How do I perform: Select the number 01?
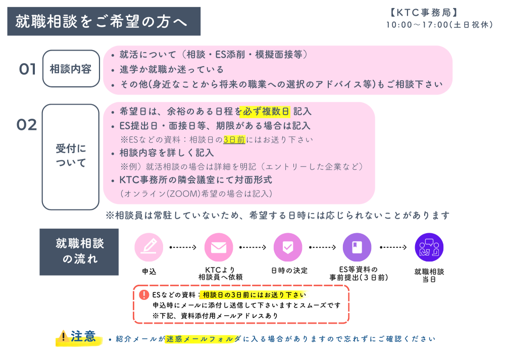28,70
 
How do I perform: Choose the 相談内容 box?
71,69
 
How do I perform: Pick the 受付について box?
71,156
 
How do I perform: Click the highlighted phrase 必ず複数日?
265,112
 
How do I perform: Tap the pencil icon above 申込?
149,247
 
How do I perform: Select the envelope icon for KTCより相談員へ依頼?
218,247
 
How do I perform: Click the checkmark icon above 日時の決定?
287,247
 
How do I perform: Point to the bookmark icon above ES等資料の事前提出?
357,247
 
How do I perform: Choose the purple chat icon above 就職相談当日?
429,247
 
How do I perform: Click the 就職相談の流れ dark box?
79,251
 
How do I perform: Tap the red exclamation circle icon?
144,295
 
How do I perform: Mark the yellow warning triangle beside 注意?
64,337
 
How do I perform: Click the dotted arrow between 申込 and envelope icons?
183,247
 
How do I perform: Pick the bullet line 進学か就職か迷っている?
172,70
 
